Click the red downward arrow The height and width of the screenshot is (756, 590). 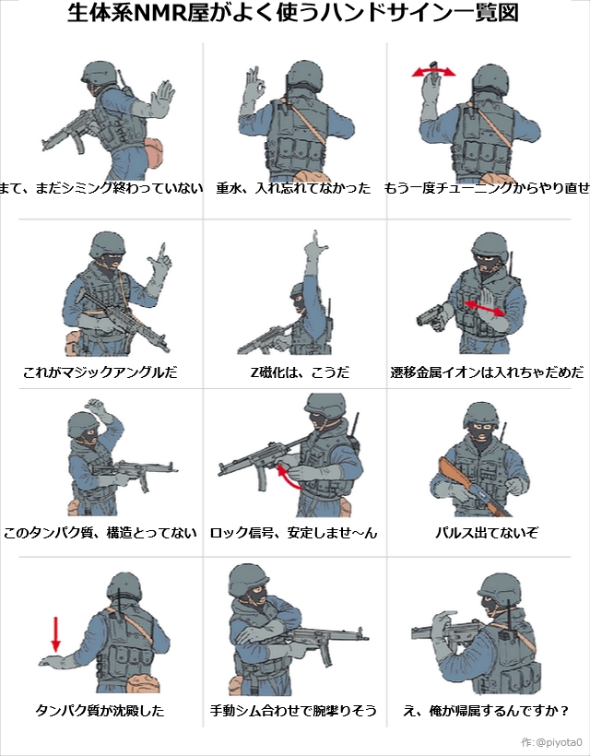tap(56, 634)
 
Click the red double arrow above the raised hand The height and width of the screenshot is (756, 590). tap(433, 72)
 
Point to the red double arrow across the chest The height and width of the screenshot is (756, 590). tap(484, 308)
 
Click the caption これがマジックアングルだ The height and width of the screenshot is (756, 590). tap(100, 372)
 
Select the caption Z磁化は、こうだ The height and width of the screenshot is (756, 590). tap(300, 372)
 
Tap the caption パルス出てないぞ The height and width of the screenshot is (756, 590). tap(487, 533)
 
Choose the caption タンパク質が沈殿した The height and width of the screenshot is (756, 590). tap(100, 710)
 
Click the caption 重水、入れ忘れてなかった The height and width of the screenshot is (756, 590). tap(293, 187)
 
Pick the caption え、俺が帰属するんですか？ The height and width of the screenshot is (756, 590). tap(486, 710)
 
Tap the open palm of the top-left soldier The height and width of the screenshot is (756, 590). tap(162, 98)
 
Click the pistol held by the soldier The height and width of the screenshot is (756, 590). tap(431, 317)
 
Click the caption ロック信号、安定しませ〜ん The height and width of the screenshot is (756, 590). tap(293, 533)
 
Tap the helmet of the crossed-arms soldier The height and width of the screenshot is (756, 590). tap(249, 580)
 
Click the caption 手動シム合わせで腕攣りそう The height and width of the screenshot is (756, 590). tap(293, 710)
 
